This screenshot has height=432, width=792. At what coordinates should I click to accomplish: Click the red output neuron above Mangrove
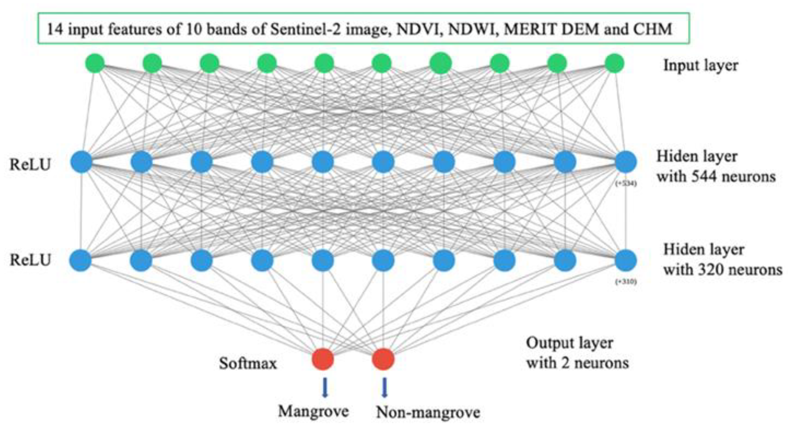click(x=323, y=358)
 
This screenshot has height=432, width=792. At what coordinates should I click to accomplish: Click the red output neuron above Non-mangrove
click(x=383, y=358)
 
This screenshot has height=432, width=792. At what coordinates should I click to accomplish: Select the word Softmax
click(x=248, y=363)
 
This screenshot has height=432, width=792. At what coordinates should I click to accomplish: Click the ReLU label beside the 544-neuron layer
click(x=30, y=165)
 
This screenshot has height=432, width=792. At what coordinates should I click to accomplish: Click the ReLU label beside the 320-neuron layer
click(x=30, y=260)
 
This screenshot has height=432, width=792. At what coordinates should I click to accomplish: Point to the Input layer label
click(x=701, y=66)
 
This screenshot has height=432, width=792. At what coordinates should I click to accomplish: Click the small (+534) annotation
click(x=626, y=184)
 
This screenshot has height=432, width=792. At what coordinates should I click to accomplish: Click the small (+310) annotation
click(x=626, y=281)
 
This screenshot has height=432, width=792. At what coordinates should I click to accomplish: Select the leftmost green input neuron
click(x=95, y=63)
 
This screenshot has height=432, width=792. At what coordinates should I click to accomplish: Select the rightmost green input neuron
click(x=614, y=63)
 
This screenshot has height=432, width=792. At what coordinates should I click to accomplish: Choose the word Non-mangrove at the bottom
click(x=428, y=412)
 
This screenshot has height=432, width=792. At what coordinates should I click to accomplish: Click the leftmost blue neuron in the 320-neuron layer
click(x=81, y=260)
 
